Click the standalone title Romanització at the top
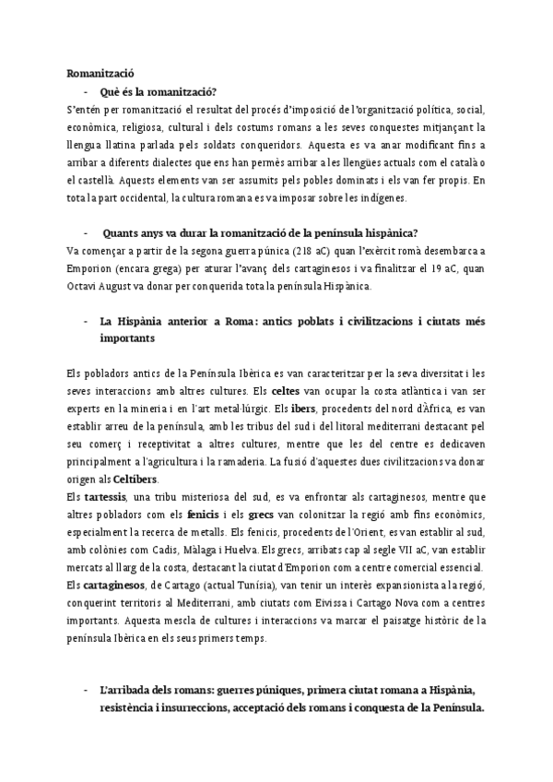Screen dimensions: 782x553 click(100, 72)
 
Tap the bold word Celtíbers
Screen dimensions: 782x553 click(138, 480)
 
